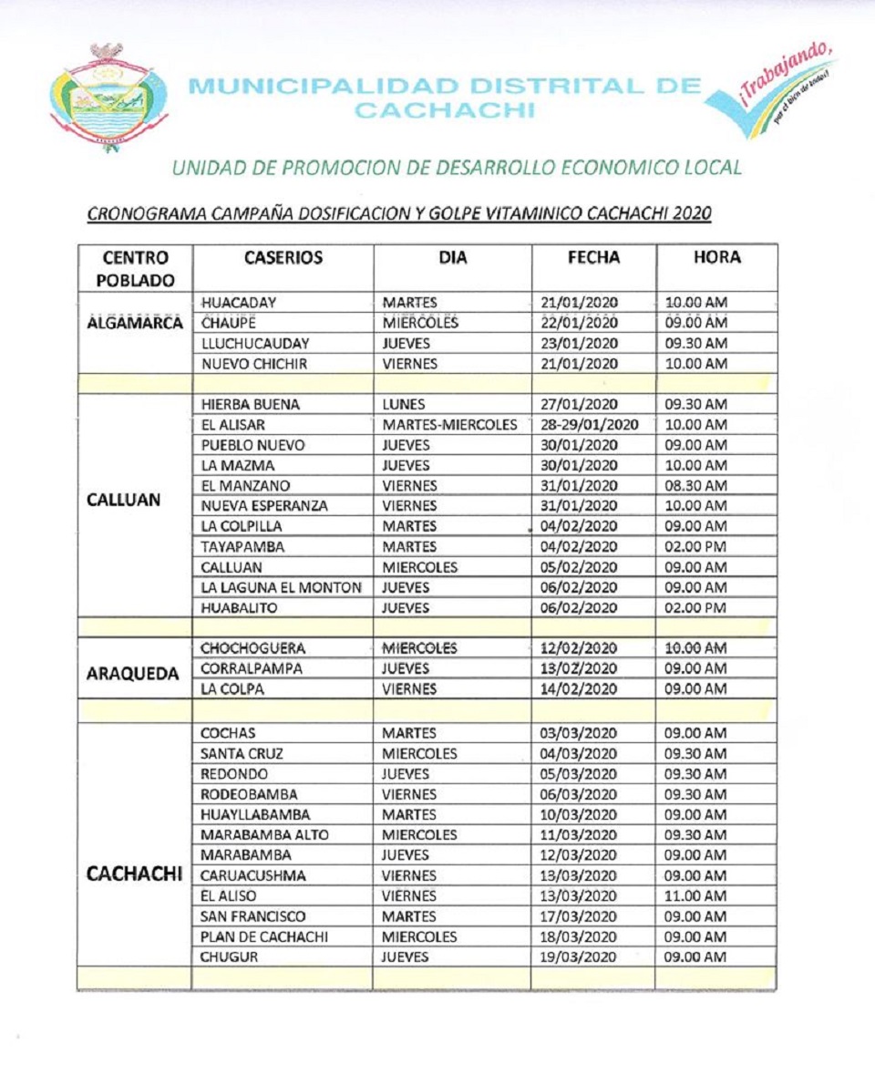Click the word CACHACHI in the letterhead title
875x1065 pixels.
click(445, 110)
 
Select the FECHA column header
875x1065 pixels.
click(593, 258)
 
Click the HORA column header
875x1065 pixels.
click(716, 258)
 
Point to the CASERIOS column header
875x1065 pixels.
click(283, 258)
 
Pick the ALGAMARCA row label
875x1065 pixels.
click(135, 323)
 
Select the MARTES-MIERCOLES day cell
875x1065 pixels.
click(449, 425)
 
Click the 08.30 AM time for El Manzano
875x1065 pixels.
click(695, 486)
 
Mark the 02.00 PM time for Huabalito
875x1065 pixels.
click(695, 608)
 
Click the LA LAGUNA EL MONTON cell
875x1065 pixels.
click(281, 588)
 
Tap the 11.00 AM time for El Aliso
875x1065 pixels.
click(695, 896)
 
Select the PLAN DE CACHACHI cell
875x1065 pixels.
click(264, 937)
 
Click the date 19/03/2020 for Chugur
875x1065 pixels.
click(579, 957)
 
